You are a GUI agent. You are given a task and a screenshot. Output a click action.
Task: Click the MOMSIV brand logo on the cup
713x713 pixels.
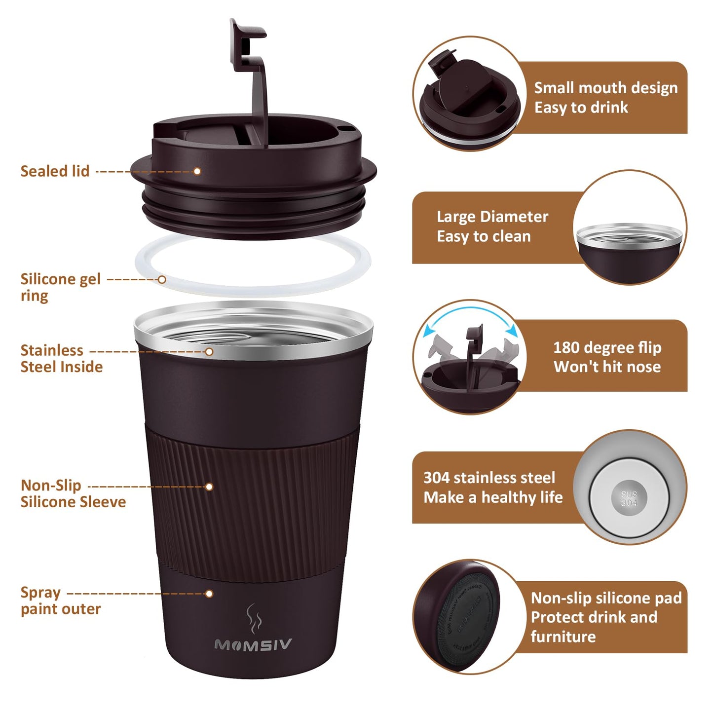click(253, 645)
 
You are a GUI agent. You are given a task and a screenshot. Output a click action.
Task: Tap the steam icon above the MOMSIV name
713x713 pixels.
click(253, 618)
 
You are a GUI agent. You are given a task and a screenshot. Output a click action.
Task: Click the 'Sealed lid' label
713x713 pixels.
click(55, 171)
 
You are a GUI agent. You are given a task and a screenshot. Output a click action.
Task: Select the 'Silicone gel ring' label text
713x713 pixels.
click(60, 287)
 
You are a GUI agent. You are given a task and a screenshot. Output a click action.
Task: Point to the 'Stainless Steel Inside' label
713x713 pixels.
click(61, 359)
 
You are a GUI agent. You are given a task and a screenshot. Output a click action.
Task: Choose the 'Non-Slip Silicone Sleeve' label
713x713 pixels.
click(73, 493)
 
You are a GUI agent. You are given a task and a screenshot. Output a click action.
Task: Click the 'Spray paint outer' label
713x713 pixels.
click(60, 600)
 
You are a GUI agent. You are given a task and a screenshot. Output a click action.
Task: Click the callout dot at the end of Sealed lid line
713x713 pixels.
click(197, 171)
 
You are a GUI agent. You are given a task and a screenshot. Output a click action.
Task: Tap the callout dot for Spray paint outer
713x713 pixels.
click(209, 594)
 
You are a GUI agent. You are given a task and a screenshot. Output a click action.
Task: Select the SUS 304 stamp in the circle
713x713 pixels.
click(629, 499)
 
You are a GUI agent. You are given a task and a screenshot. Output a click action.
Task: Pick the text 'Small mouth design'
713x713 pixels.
click(605, 88)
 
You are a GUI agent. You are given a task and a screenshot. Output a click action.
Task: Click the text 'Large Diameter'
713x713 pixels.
click(492, 217)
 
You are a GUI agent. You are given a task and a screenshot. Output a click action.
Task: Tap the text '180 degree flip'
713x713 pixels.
click(607, 348)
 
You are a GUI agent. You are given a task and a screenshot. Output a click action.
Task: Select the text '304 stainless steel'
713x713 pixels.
click(489, 478)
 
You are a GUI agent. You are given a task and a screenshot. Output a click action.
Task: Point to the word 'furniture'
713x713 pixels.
click(563, 637)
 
